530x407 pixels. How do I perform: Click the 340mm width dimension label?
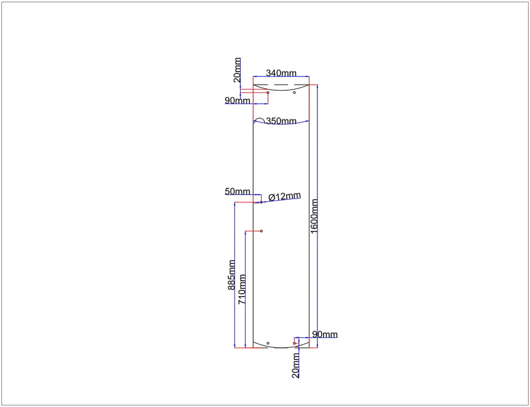pos(281,73)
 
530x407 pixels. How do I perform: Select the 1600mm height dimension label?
pos(314,216)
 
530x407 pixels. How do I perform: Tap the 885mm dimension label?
pos(231,274)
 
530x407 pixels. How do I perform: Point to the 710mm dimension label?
pos(242,289)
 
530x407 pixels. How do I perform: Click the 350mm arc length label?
pos(281,121)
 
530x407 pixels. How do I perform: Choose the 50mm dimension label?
pos(238,191)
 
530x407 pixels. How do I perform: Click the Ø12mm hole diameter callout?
pos(284,197)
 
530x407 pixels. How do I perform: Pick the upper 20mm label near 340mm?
pos(238,70)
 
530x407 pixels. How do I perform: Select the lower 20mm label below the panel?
pos(296,365)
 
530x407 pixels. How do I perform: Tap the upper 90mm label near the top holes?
pos(238,101)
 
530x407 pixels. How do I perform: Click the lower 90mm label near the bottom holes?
pos(325,334)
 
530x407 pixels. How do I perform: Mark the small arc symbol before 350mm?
pos(259,120)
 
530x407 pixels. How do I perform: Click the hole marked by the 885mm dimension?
pos(261,202)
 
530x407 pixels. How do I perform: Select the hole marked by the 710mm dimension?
pos(261,231)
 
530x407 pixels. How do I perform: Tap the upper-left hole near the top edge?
pos(268,93)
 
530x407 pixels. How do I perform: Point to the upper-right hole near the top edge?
pos(294,93)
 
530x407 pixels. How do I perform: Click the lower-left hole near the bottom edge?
pos(268,344)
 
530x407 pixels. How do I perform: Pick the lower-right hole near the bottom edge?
pos(294,344)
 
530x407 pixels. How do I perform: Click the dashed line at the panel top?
pos(281,85)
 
